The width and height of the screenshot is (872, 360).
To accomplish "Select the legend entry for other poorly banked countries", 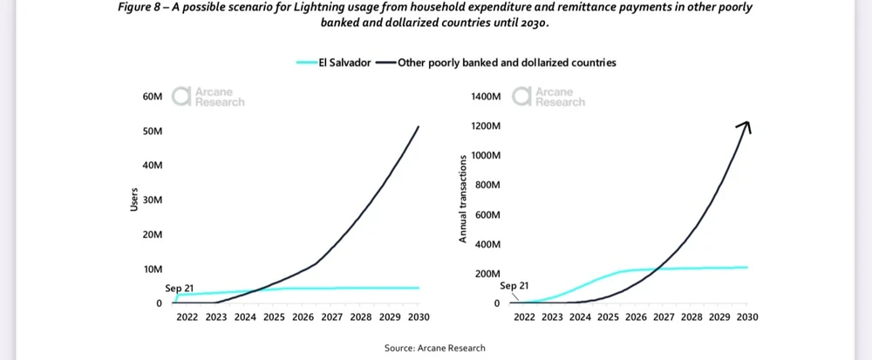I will tap(506, 63).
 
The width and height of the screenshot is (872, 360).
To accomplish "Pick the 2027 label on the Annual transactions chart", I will tap(664, 317).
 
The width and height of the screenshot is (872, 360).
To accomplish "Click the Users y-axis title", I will tap(133, 199).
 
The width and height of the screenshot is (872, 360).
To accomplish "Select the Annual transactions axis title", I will tap(463, 199).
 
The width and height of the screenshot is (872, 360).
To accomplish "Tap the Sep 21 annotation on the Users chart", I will tap(179, 288).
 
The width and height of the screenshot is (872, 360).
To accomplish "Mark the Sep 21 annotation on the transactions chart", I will tap(514, 286).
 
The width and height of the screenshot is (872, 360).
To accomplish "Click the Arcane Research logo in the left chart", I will tap(208, 97).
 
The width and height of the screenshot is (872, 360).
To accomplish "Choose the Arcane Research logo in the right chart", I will tap(548, 97).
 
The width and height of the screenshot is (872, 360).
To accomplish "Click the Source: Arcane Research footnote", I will tap(435, 349).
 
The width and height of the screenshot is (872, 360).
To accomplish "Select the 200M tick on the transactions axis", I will tap(487, 275).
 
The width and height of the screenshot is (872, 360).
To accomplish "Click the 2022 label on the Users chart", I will tap(187, 317).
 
